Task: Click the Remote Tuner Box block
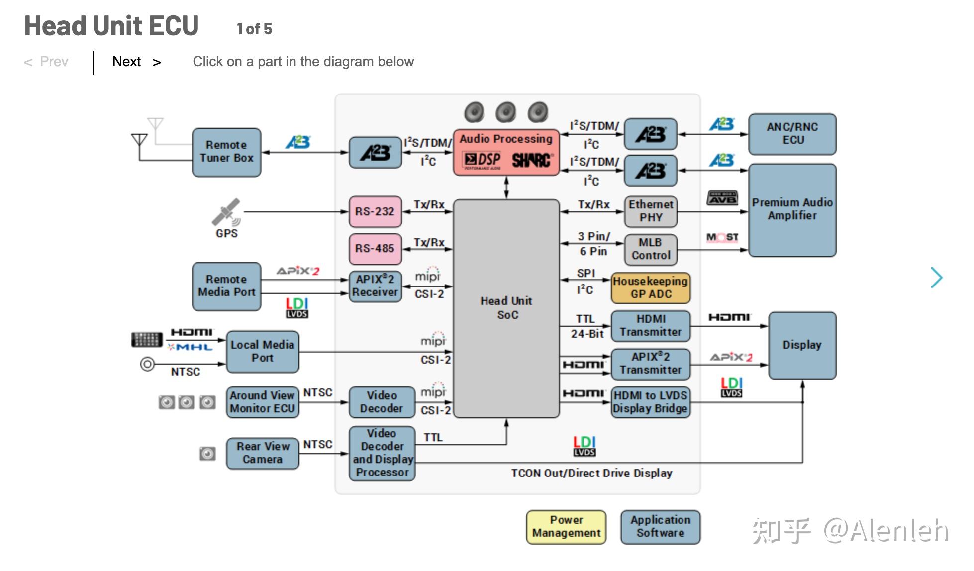tap(226, 152)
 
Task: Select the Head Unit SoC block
tap(506, 308)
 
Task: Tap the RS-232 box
tap(375, 211)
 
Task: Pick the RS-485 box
tap(375, 249)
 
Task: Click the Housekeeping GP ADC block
tap(651, 287)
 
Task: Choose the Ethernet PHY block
tap(651, 211)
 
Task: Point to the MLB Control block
tap(651, 249)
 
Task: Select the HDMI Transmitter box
tap(651, 326)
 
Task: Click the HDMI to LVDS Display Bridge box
tap(651, 402)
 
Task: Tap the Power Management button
tap(566, 527)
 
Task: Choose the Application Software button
tap(660, 527)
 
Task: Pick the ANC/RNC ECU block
tap(792, 134)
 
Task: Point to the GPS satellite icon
tap(226, 213)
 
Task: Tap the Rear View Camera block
tap(263, 453)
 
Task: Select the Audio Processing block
tap(506, 152)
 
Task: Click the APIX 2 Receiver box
tap(375, 286)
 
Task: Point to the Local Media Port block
tap(263, 351)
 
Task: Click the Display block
tap(802, 345)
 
